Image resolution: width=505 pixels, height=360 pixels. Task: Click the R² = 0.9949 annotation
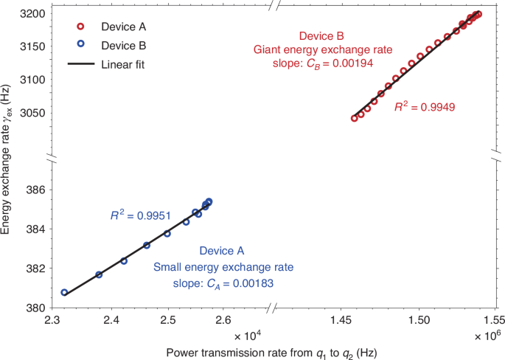click(425, 107)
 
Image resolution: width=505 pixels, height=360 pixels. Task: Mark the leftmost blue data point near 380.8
click(64, 293)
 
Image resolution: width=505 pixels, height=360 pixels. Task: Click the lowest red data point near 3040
click(355, 118)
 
